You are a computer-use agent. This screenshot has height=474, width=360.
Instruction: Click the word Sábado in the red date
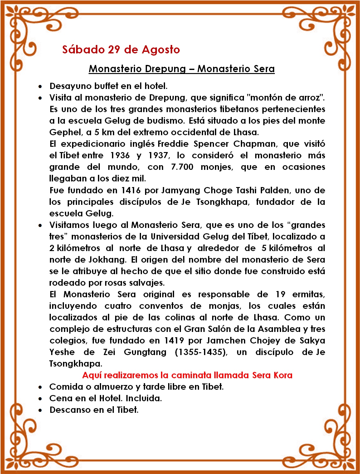(x=83, y=50)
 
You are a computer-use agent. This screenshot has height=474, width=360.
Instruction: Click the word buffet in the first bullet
(x=109, y=86)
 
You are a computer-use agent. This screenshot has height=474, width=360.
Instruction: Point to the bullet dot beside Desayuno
(x=40, y=86)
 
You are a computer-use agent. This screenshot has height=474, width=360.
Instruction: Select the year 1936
(x=120, y=156)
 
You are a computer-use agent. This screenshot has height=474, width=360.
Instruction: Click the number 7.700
(x=182, y=167)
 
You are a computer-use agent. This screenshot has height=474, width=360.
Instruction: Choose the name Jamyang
(x=180, y=190)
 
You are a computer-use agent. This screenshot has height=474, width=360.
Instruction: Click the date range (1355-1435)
(x=201, y=352)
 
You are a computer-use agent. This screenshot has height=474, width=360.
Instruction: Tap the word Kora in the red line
(x=283, y=375)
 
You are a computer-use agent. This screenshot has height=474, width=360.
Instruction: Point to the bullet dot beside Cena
(x=40, y=399)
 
